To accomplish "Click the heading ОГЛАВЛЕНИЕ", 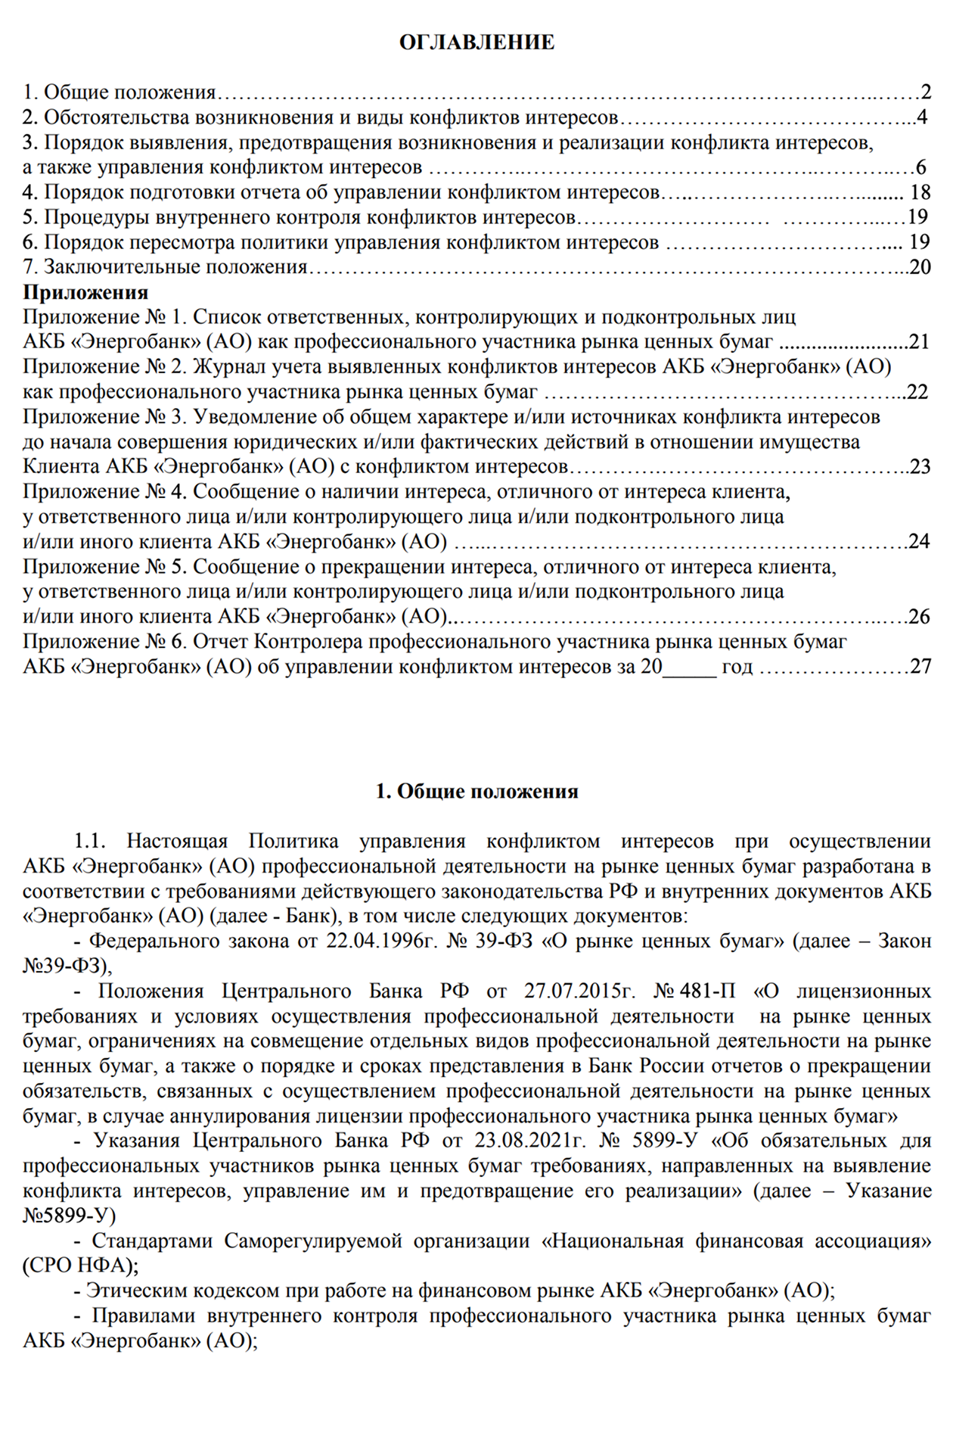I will (476, 42).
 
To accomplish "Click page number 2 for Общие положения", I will (926, 93).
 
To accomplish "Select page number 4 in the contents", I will (921, 118).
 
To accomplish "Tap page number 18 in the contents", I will (920, 193).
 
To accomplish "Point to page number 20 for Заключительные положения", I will (920, 268).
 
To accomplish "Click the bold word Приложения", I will (85, 292).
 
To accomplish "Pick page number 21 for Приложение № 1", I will (919, 342).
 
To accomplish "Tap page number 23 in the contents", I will (920, 467).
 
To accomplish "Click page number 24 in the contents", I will (919, 542).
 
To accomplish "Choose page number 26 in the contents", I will (919, 617).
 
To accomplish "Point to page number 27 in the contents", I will (920, 667).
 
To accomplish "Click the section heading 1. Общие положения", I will (476, 792).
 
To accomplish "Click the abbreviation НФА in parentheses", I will (99, 1266).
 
